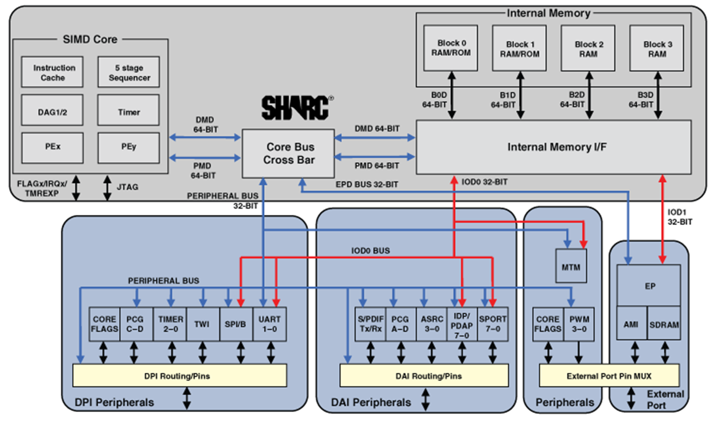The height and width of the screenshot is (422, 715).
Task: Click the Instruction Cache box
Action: (53, 72)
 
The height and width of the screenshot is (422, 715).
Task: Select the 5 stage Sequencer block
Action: (129, 72)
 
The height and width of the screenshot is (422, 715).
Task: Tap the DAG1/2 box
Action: (53, 110)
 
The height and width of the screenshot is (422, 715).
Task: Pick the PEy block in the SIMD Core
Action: (129, 148)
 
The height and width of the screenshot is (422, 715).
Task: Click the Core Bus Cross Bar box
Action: (288, 153)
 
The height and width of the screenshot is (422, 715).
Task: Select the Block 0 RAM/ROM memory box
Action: (451, 48)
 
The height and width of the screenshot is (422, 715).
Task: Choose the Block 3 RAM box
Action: (657, 48)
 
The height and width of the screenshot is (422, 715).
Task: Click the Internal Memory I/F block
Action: (554, 147)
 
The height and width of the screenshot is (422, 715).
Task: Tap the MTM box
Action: (571, 266)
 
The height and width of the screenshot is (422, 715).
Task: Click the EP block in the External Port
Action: (649, 286)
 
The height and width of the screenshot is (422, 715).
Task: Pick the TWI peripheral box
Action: (203, 324)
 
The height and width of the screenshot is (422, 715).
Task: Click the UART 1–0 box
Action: (270, 324)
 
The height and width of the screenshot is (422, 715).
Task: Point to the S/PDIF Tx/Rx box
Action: (370, 324)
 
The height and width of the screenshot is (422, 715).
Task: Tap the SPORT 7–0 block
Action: (493, 324)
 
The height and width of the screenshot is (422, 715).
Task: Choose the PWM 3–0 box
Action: (579, 324)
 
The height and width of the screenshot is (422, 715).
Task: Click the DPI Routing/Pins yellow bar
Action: (180, 376)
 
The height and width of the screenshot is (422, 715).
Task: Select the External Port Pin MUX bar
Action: (609, 376)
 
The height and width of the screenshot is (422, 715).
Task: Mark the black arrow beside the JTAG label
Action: (108, 188)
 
